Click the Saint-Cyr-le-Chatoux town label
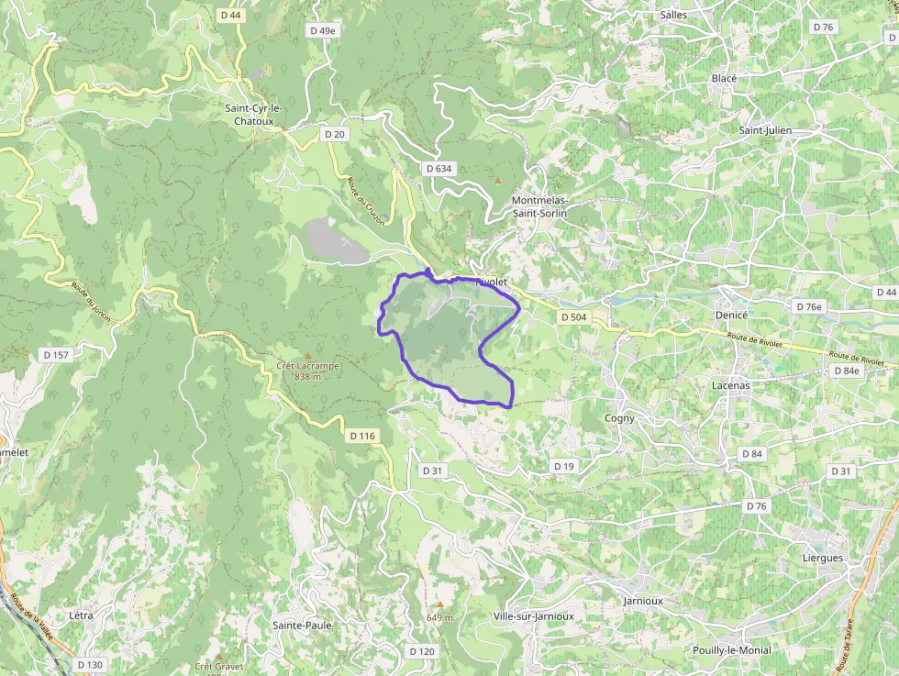click(255, 114)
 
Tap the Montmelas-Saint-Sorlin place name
click(539, 206)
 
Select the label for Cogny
click(619, 418)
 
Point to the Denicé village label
click(731, 315)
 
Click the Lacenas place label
click(731, 385)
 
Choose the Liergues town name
click(823, 558)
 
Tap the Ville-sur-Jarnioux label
click(533, 616)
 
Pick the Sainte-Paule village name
click(302, 625)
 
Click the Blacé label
click(724, 79)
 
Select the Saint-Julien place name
click(765, 130)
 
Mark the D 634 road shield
click(440, 169)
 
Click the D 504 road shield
click(572, 316)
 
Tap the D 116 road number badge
click(362, 436)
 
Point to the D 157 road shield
click(56, 354)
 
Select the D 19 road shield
click(564, 467)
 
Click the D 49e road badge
click(323, 30)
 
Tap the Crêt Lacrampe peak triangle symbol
click(307, 356)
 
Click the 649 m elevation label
click(440, 617)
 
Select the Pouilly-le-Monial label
click(732, 650)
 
